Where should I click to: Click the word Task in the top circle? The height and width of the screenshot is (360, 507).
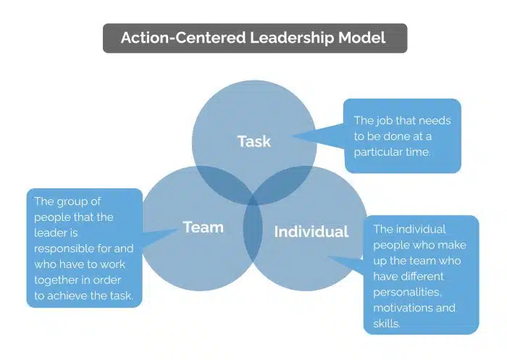pyautogui.click(x=254, y=141)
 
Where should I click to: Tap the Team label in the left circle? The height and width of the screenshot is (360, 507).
pyautogui.click(x=204, y=227)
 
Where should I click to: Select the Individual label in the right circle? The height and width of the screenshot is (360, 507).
pyautogui.click(x=311, y=232)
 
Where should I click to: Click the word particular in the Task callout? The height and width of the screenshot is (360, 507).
pyautogui.click(x=377, y=152)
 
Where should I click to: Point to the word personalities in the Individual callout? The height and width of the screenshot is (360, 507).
pyautogui.click(x=408, y=292)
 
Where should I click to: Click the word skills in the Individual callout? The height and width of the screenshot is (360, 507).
pyautogui.click(x=387, y=324)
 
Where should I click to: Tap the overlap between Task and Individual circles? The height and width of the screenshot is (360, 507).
pyautogui.click(x=288, y=182)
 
